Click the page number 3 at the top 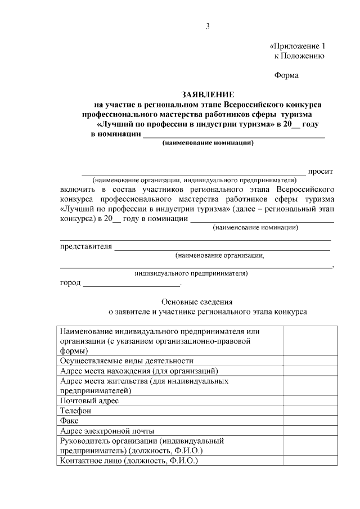point(208,27)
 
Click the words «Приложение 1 point(298,46)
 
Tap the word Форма point(286,75)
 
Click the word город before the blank point(70,282)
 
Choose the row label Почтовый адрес point(89,401)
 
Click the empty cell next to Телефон point(310,411)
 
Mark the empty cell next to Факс point(310,421)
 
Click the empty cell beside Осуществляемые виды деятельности point(310,361)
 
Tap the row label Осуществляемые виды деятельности point(127,361)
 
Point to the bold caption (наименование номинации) point(208,143)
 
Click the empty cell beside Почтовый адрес point(310,401)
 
